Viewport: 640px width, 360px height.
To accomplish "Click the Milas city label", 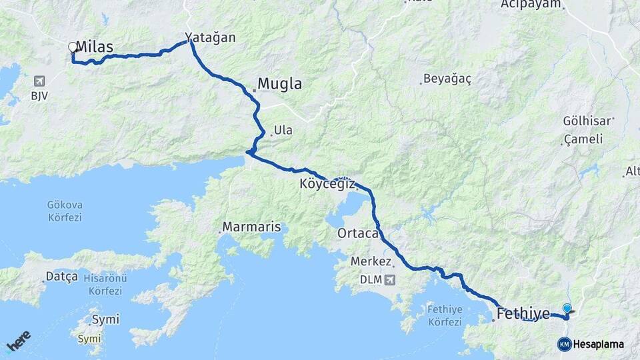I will tap(94, 46).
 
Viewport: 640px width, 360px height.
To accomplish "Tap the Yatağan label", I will tap(211, 37).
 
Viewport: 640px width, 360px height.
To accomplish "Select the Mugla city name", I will tap(279, 85).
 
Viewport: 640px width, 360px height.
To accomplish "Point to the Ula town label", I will tap(283, 130).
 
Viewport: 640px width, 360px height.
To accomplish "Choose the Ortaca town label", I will tap(359, 233).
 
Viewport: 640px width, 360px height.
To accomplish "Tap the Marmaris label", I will tap(251, 227).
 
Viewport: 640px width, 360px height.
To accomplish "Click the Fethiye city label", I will tap(524, 313).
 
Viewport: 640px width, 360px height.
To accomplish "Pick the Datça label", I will tap(61, 276).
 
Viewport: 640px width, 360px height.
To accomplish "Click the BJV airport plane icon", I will tap(39, 81).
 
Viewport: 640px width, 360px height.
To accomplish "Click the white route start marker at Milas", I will tap(73, 47).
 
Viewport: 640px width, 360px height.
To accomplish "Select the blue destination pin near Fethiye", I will tap(567, 309).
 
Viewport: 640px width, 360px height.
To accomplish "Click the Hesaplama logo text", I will tap(598, 345).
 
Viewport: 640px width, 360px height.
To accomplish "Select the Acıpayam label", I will tap(532, 5).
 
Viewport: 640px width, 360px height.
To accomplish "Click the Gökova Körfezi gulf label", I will tap(65, 211).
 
